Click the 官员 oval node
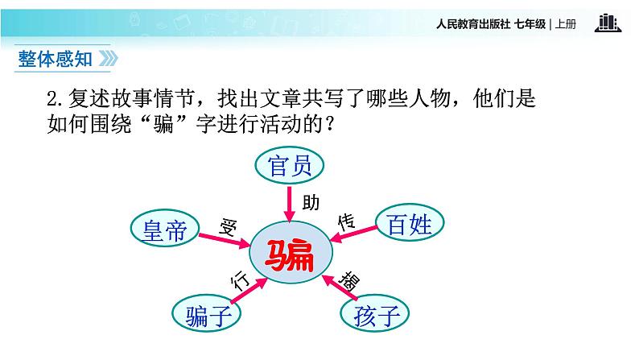[290, 167]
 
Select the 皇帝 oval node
[164, 231]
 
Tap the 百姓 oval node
[410, 222]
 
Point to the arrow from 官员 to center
[290, 201]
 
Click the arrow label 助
[308, 201]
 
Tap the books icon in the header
[608, 23]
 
